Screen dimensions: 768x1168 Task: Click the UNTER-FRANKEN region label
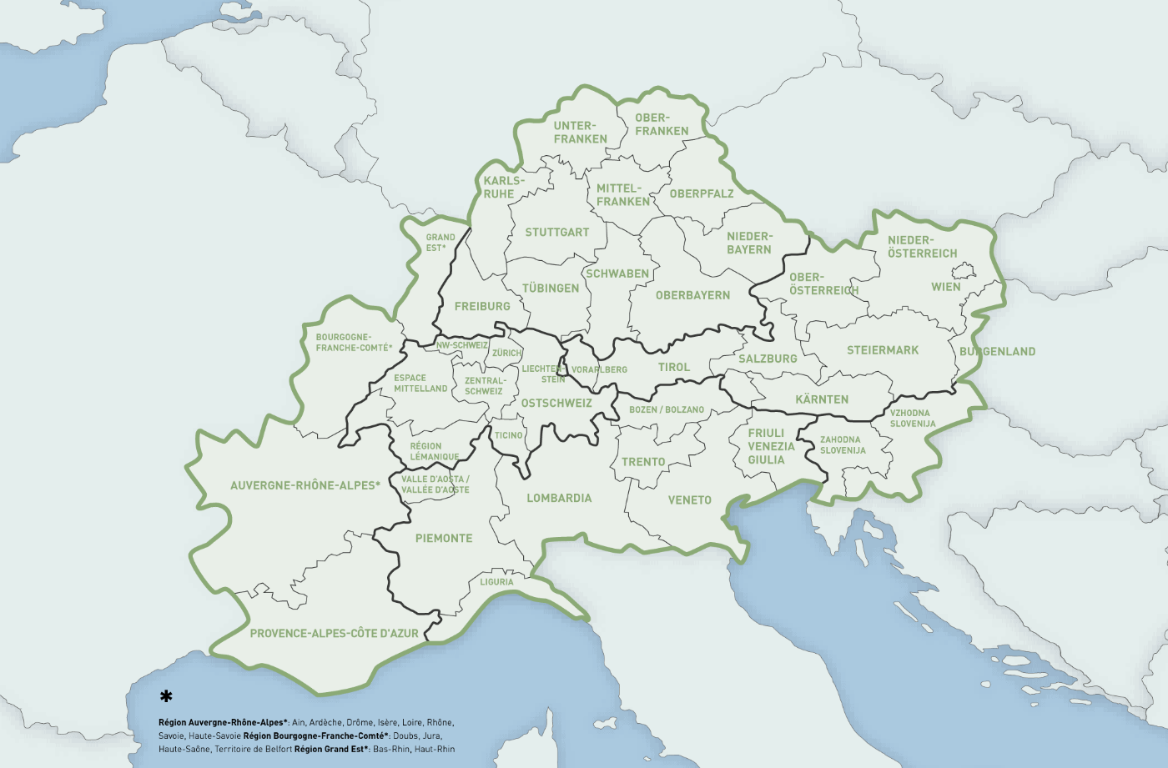580,133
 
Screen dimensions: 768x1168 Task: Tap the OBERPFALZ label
702,193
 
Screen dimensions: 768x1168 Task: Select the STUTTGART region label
556,233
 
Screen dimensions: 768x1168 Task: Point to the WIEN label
945,287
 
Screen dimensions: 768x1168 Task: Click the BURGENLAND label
997,352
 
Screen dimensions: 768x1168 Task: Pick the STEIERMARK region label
883,350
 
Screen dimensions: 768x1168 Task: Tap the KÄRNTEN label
822,399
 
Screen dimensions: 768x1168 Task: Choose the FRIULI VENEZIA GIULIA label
771,446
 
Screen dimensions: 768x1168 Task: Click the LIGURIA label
496,582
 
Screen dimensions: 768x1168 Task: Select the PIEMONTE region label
444,539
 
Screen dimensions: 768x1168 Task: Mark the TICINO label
508,435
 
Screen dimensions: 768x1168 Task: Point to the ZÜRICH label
506,354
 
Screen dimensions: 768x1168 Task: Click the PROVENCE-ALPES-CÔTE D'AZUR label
334,634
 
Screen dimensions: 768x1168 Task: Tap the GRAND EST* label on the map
440,243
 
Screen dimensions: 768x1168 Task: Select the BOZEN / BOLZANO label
667,410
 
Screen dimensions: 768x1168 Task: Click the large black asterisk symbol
166,696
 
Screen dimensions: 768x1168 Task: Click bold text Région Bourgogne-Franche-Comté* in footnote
316,736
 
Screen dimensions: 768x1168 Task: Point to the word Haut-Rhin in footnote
435,750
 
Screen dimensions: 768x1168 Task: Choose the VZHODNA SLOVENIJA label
912,419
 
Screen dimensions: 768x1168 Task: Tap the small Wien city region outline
964,270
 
